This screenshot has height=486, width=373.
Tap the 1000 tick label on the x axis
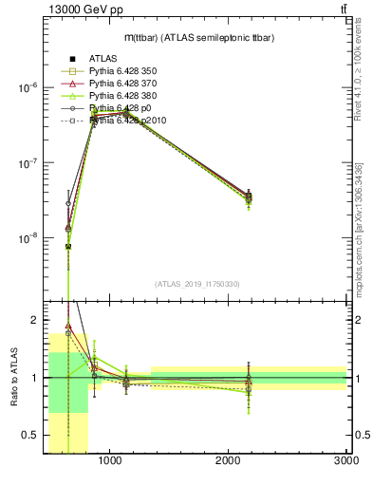tap(110, 461)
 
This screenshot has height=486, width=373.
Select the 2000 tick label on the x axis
tap(229, 461)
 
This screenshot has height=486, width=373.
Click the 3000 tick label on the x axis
tap(346, 461)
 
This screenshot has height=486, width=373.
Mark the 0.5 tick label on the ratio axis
tap(33, 436)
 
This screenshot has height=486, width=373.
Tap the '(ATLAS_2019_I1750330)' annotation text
tap(197, 284)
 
